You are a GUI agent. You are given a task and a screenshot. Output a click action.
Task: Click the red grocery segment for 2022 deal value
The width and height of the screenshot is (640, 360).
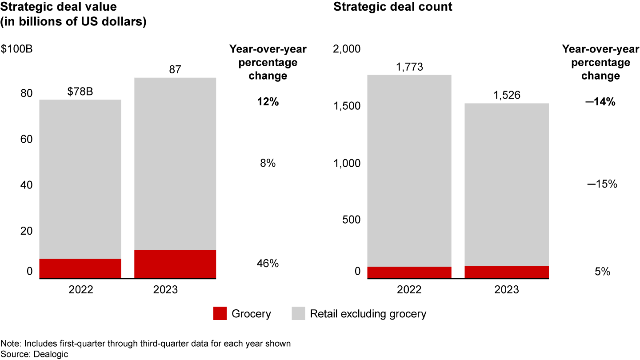click(80, 268)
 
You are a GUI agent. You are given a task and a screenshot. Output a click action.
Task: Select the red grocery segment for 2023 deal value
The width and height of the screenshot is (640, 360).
click(175, 264)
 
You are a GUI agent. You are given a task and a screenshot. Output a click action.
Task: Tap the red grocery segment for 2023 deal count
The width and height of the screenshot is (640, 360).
click(506, 272)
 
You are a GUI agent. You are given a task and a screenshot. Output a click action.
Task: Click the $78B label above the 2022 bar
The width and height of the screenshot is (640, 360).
click(80, 92)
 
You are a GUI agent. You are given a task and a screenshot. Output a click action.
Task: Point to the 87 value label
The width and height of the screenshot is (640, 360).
click(175, 69)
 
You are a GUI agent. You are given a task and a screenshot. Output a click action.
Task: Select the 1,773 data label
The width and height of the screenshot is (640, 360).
click(409, 67)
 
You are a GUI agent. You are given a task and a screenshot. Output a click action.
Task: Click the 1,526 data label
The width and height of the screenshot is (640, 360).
click(506, 95)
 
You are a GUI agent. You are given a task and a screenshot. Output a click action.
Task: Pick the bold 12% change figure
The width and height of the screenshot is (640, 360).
click(268, 102)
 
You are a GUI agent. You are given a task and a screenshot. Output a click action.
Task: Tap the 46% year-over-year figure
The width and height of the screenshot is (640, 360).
click(268, 264)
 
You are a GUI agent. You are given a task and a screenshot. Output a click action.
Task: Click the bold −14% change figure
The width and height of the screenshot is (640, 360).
click(600, 102)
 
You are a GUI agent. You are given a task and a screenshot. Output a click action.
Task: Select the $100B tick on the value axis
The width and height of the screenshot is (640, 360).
click(16, 48)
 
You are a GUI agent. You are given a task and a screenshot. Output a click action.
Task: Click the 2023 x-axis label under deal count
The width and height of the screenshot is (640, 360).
click(506, 290)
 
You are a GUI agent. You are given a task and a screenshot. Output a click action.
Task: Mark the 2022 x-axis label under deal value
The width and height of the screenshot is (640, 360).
click(80, 290)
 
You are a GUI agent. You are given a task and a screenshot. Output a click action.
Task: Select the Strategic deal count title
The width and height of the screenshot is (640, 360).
click(393, 7)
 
